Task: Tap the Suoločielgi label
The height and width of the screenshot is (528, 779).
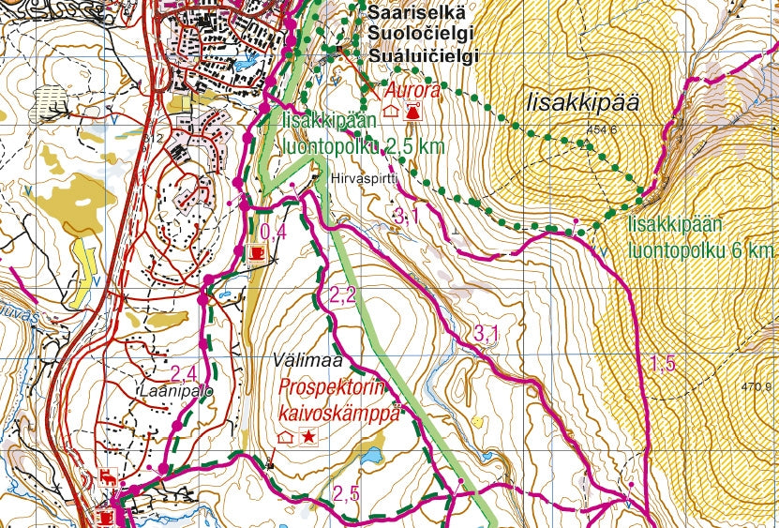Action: point(418,34)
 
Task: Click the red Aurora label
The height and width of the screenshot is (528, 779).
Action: point(412,91)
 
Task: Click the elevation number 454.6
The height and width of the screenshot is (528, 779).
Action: point(601,130)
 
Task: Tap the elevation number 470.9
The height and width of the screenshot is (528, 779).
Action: point(756,385)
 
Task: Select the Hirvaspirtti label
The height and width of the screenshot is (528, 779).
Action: point(360,177)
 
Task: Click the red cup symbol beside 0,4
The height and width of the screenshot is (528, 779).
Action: point(255,252)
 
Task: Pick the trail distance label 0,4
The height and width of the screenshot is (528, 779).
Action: point(272,233)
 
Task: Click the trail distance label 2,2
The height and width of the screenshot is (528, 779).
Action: point(342,296)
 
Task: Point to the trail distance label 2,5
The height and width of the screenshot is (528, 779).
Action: point(346,493)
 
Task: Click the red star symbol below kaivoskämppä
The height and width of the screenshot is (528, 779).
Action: point(307,437)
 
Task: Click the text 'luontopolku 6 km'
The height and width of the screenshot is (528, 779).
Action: point(701,250)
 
